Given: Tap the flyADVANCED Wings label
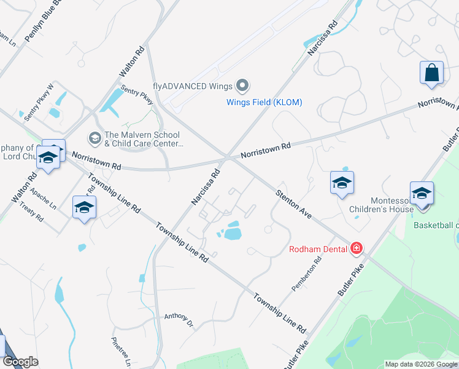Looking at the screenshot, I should pyautogui.click(x=194, y=85).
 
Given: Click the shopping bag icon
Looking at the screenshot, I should pyautogui.click(x=432, y=73).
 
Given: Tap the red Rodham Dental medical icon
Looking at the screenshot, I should pyautogui.click(x=356, y=248).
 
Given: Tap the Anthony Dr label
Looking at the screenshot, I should pyautogui.click(x=179, y=319).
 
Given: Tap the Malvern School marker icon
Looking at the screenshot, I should pyautogui.click(x=94, y=136).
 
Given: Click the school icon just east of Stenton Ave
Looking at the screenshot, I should pyautogui.click(x=342, y=183).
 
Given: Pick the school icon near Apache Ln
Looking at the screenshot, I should pyautogui.click(x=84, y=207).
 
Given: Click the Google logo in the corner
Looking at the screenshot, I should pyautogui.click(x=20, y=362).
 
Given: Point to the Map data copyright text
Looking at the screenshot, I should pyautogui.click(x=420, y=364).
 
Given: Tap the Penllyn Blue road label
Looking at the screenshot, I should pyautogui.click(x=42, y=22).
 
